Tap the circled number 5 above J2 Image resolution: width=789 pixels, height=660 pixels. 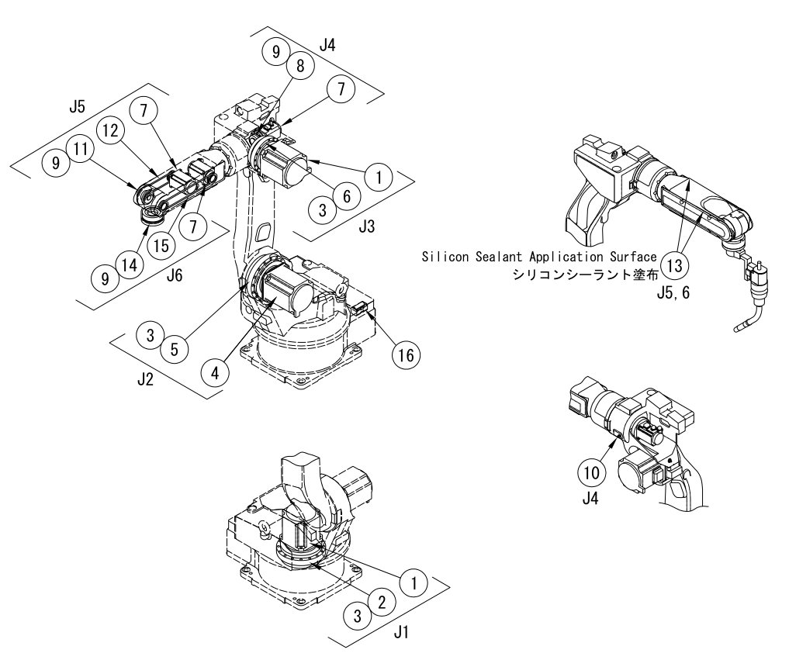click(x=175, y=348)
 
